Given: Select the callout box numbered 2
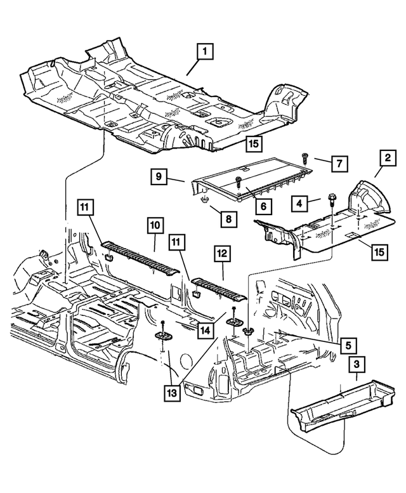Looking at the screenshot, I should coord(384,157).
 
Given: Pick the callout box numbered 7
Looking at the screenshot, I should coord(339,163).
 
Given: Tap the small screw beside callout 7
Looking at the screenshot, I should coord(305,154).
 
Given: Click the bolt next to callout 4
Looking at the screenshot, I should coord(332,201).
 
